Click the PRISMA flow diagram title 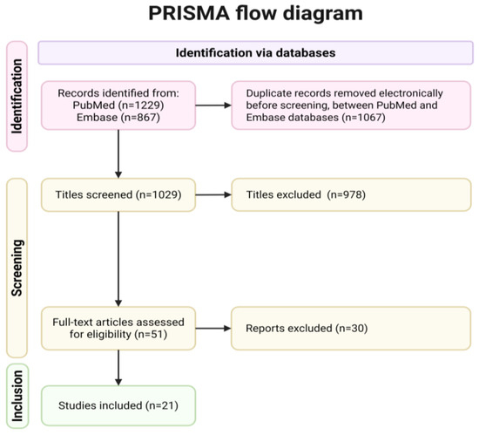pos(255,14)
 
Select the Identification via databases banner pos(256,52)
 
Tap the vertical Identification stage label pos(17,96)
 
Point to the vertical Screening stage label pos(17,268)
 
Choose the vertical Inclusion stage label pos(17,396)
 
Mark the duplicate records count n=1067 pos(363,118)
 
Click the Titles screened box pos(118,194)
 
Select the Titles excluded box pos(351,194)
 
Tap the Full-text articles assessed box pos(118,329)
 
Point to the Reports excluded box pos(351,329)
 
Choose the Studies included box pos(118,405)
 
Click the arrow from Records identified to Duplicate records pos(213,105)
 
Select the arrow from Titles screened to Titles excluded pos(213,194)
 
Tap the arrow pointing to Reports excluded pos(213,329)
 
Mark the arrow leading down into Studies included pos(118,368)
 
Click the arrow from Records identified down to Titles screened pos(118,154)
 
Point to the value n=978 pos(347,194)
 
